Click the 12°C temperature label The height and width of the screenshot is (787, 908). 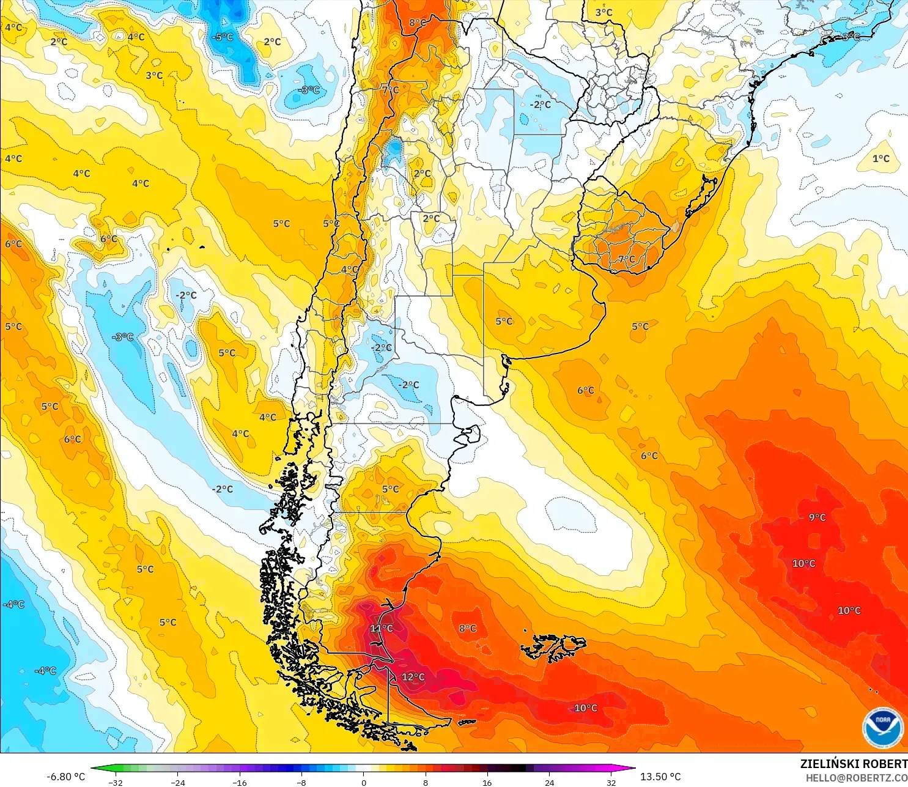[x=413, y=677]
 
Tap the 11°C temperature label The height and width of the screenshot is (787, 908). [x=382, y=629]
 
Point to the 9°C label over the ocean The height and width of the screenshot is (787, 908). [x=818, y=517]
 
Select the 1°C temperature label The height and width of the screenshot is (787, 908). [x=881, y=159]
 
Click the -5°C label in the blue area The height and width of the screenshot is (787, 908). [x=223, y=37]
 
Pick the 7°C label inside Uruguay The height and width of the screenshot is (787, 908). [x=626, y=259]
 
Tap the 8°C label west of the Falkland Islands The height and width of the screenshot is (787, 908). [x=468, y=629]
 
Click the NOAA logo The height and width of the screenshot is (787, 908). [x=883, y=728]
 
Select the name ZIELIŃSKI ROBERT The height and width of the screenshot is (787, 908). [x=854, y=764]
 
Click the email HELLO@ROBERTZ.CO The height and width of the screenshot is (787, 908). [x=856, y=778]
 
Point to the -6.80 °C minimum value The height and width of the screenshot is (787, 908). [x=66, y=777]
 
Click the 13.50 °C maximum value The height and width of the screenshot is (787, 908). [x=660, y=777]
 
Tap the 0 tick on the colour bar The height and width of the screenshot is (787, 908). [x=364, y=783]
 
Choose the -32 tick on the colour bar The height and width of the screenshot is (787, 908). [x=115, y=783]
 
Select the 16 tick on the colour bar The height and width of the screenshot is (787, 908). [x=487, y=783]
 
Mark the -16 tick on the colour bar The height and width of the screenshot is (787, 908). [x=240, y=783]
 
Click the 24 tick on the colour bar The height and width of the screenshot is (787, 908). [x=550, y=783]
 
